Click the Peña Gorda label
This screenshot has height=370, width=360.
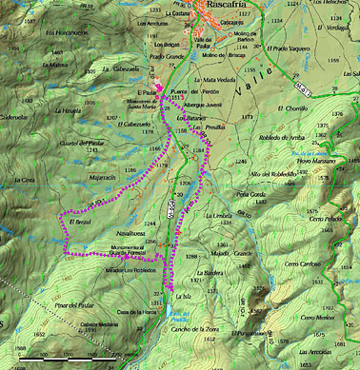tap(252, 193)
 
